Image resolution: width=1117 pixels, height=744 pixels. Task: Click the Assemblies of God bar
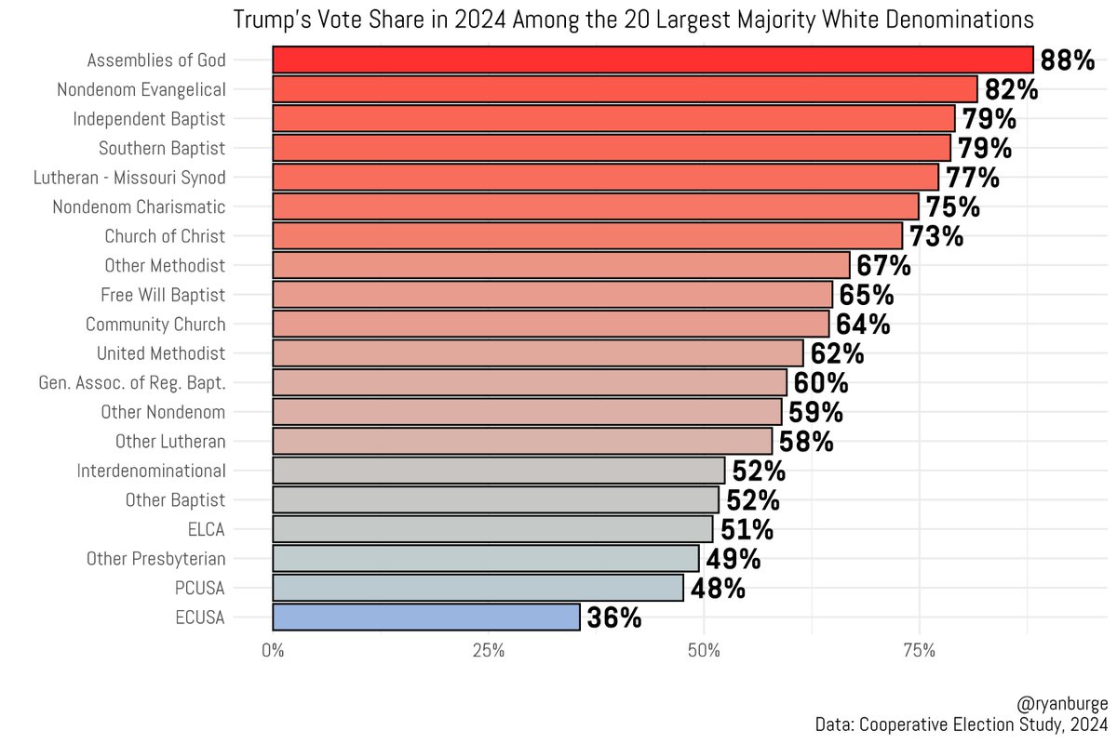[652, 60]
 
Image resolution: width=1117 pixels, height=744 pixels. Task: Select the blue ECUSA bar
[426, 617]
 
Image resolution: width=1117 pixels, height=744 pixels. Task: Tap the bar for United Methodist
[537, 353]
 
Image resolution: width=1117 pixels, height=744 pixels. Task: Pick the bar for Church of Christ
[586, 235]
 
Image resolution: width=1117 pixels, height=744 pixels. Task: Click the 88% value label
[1067, 60]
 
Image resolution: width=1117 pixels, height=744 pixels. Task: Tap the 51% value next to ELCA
[746, 529]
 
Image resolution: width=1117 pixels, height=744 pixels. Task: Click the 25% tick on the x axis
[488, 650]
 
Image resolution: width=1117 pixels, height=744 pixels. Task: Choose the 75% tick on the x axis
[919, 650]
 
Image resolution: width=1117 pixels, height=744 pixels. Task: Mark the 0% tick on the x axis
[273, 650]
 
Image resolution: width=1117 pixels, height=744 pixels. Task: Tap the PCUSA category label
[200, 588]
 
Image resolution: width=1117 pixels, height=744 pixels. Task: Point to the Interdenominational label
[151, 471]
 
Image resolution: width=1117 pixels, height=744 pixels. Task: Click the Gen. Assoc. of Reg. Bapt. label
[131, 382]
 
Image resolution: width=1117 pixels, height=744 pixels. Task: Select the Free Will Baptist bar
[552, 295]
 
